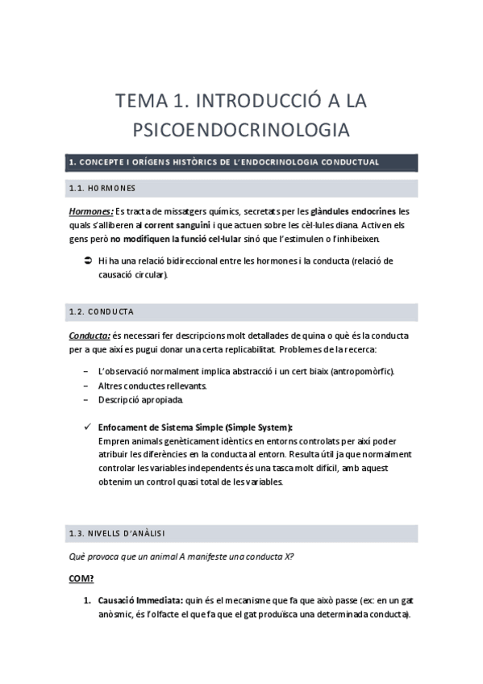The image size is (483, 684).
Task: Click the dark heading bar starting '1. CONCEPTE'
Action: coord(241,162)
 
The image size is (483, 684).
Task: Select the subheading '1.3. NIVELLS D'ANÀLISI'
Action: coord(117,533)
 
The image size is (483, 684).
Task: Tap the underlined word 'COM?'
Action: coord(81,578)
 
